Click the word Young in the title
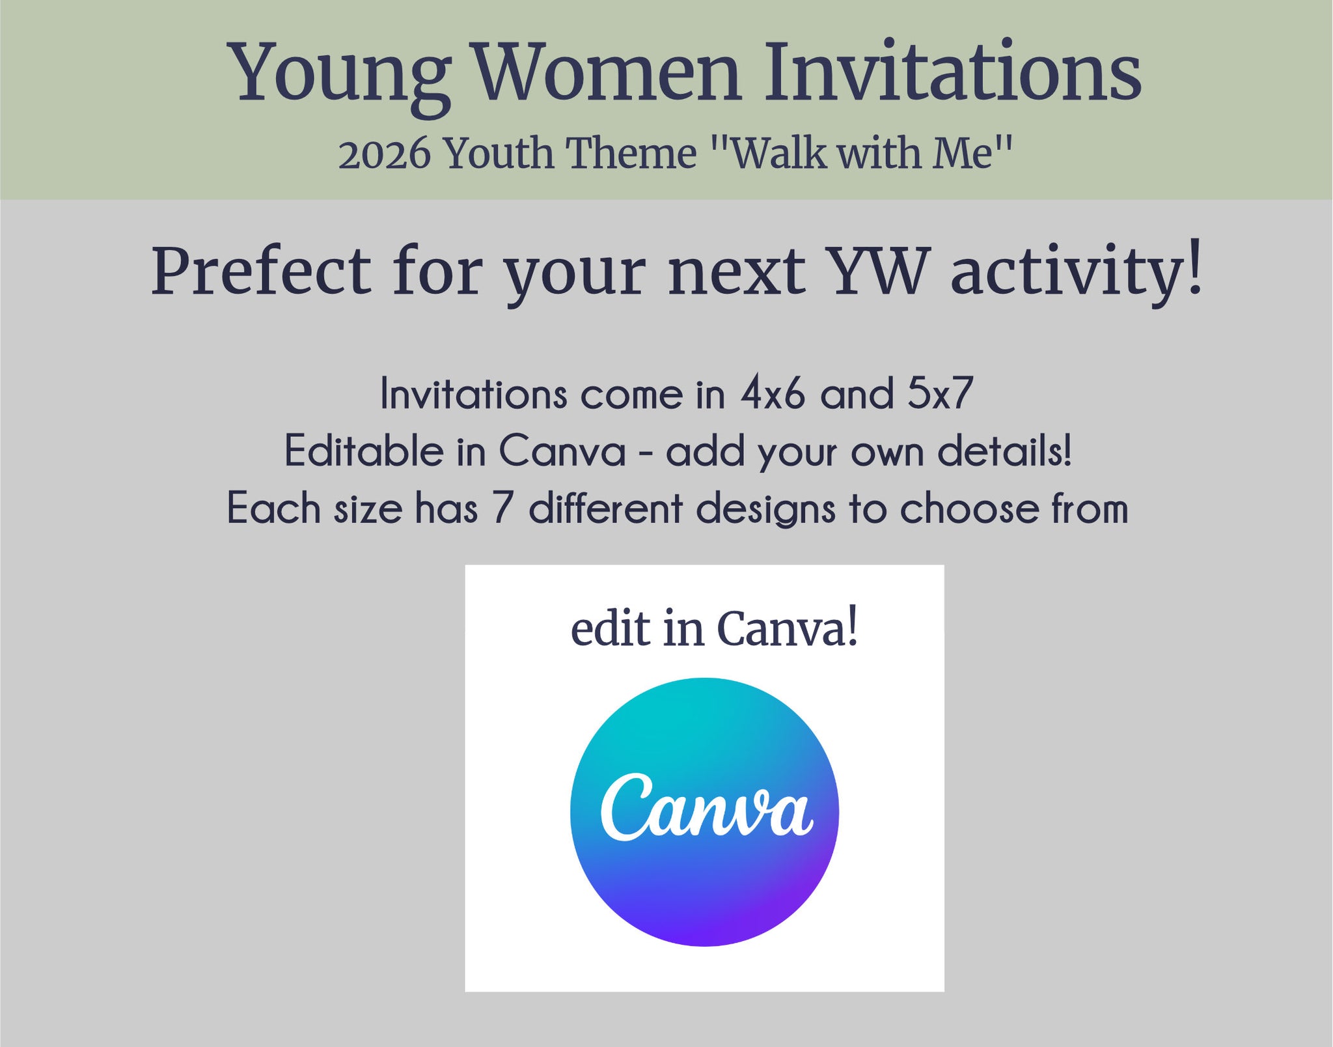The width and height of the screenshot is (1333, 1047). (x=339, y=77)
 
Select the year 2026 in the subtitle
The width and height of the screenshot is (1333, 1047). (x=385, y=154)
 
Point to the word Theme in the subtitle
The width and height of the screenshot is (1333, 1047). (x=631, y=154)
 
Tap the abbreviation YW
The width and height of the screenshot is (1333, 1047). (x=879, y=272)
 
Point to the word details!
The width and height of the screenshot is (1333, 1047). (x=1005, y=451)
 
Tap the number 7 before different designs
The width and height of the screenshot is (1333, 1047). (x=502, y=509)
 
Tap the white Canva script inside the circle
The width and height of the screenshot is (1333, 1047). (x=707, y=807)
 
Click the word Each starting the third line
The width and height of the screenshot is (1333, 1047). (x=273, y=508)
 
